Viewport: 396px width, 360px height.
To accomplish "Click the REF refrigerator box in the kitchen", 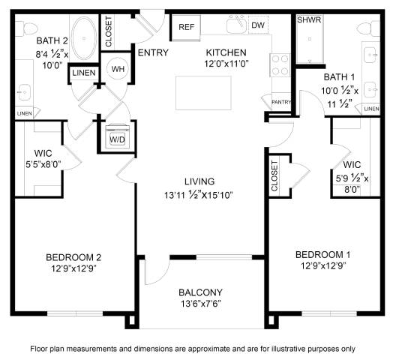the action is coord(186,27).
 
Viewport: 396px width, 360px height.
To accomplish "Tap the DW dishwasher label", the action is coord(258,25).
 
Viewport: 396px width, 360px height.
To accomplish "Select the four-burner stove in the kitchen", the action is coord(280,65).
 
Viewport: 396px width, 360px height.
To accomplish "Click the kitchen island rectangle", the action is coord(203,93).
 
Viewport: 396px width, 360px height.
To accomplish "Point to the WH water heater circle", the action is coord(118,69).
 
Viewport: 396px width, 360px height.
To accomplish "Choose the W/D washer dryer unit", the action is coord(117,136).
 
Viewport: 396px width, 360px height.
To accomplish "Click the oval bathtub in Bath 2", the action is coord(84,38).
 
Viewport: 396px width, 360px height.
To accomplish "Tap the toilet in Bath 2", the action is coord(26,28).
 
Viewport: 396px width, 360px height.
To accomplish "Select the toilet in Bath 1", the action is coord(368,29).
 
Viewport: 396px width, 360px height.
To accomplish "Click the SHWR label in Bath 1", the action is coord(309,19).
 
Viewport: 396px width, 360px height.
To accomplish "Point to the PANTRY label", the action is coord(281,102).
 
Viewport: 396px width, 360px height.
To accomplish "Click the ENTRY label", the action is coord(153,52).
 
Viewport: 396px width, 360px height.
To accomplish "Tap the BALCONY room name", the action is coord(200,292).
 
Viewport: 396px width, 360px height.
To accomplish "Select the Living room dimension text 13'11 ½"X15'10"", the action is coord(199,195).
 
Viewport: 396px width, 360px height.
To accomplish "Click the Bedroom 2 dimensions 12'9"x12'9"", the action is coord(73,268).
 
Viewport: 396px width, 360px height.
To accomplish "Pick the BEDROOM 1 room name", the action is coord(323,254).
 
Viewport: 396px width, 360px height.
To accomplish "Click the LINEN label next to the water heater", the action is coord(84,73).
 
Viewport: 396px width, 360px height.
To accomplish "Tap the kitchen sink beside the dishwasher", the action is coord(237,25).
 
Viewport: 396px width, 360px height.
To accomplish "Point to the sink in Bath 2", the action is coord(24,92).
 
